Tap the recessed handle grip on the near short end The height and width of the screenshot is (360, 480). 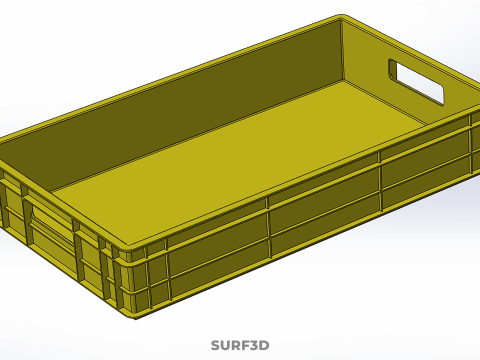pyautogui.click(x=50, y=225)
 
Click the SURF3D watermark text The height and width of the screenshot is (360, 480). pyautogui.click(x=240, y=345)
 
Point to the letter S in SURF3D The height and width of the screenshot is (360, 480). pyautogui.click(x=215, y=345)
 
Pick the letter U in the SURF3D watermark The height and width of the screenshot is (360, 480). pyautogui.click(x=224, y=345)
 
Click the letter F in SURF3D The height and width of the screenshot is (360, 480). pyautogui.click(x=245, y=345)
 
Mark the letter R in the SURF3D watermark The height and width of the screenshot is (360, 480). pyautogui.click(x=235, y=345)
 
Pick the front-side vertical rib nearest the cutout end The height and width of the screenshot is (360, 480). pyautogui.click(x=380, y=180)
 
